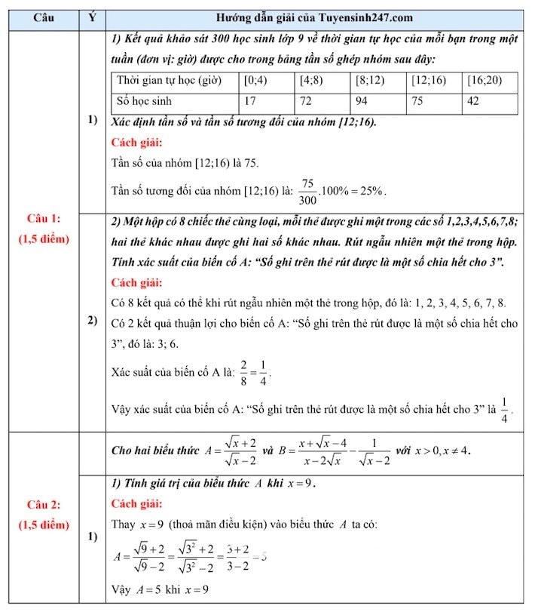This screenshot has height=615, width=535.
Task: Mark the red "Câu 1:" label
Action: click(43, 219)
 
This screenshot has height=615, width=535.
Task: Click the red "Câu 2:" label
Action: click(43, 505)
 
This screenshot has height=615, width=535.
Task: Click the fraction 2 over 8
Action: click(222, 371)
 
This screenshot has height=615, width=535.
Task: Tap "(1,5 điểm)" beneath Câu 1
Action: click(43, 239)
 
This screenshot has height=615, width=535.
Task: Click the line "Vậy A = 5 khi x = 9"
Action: click(160, 589)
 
